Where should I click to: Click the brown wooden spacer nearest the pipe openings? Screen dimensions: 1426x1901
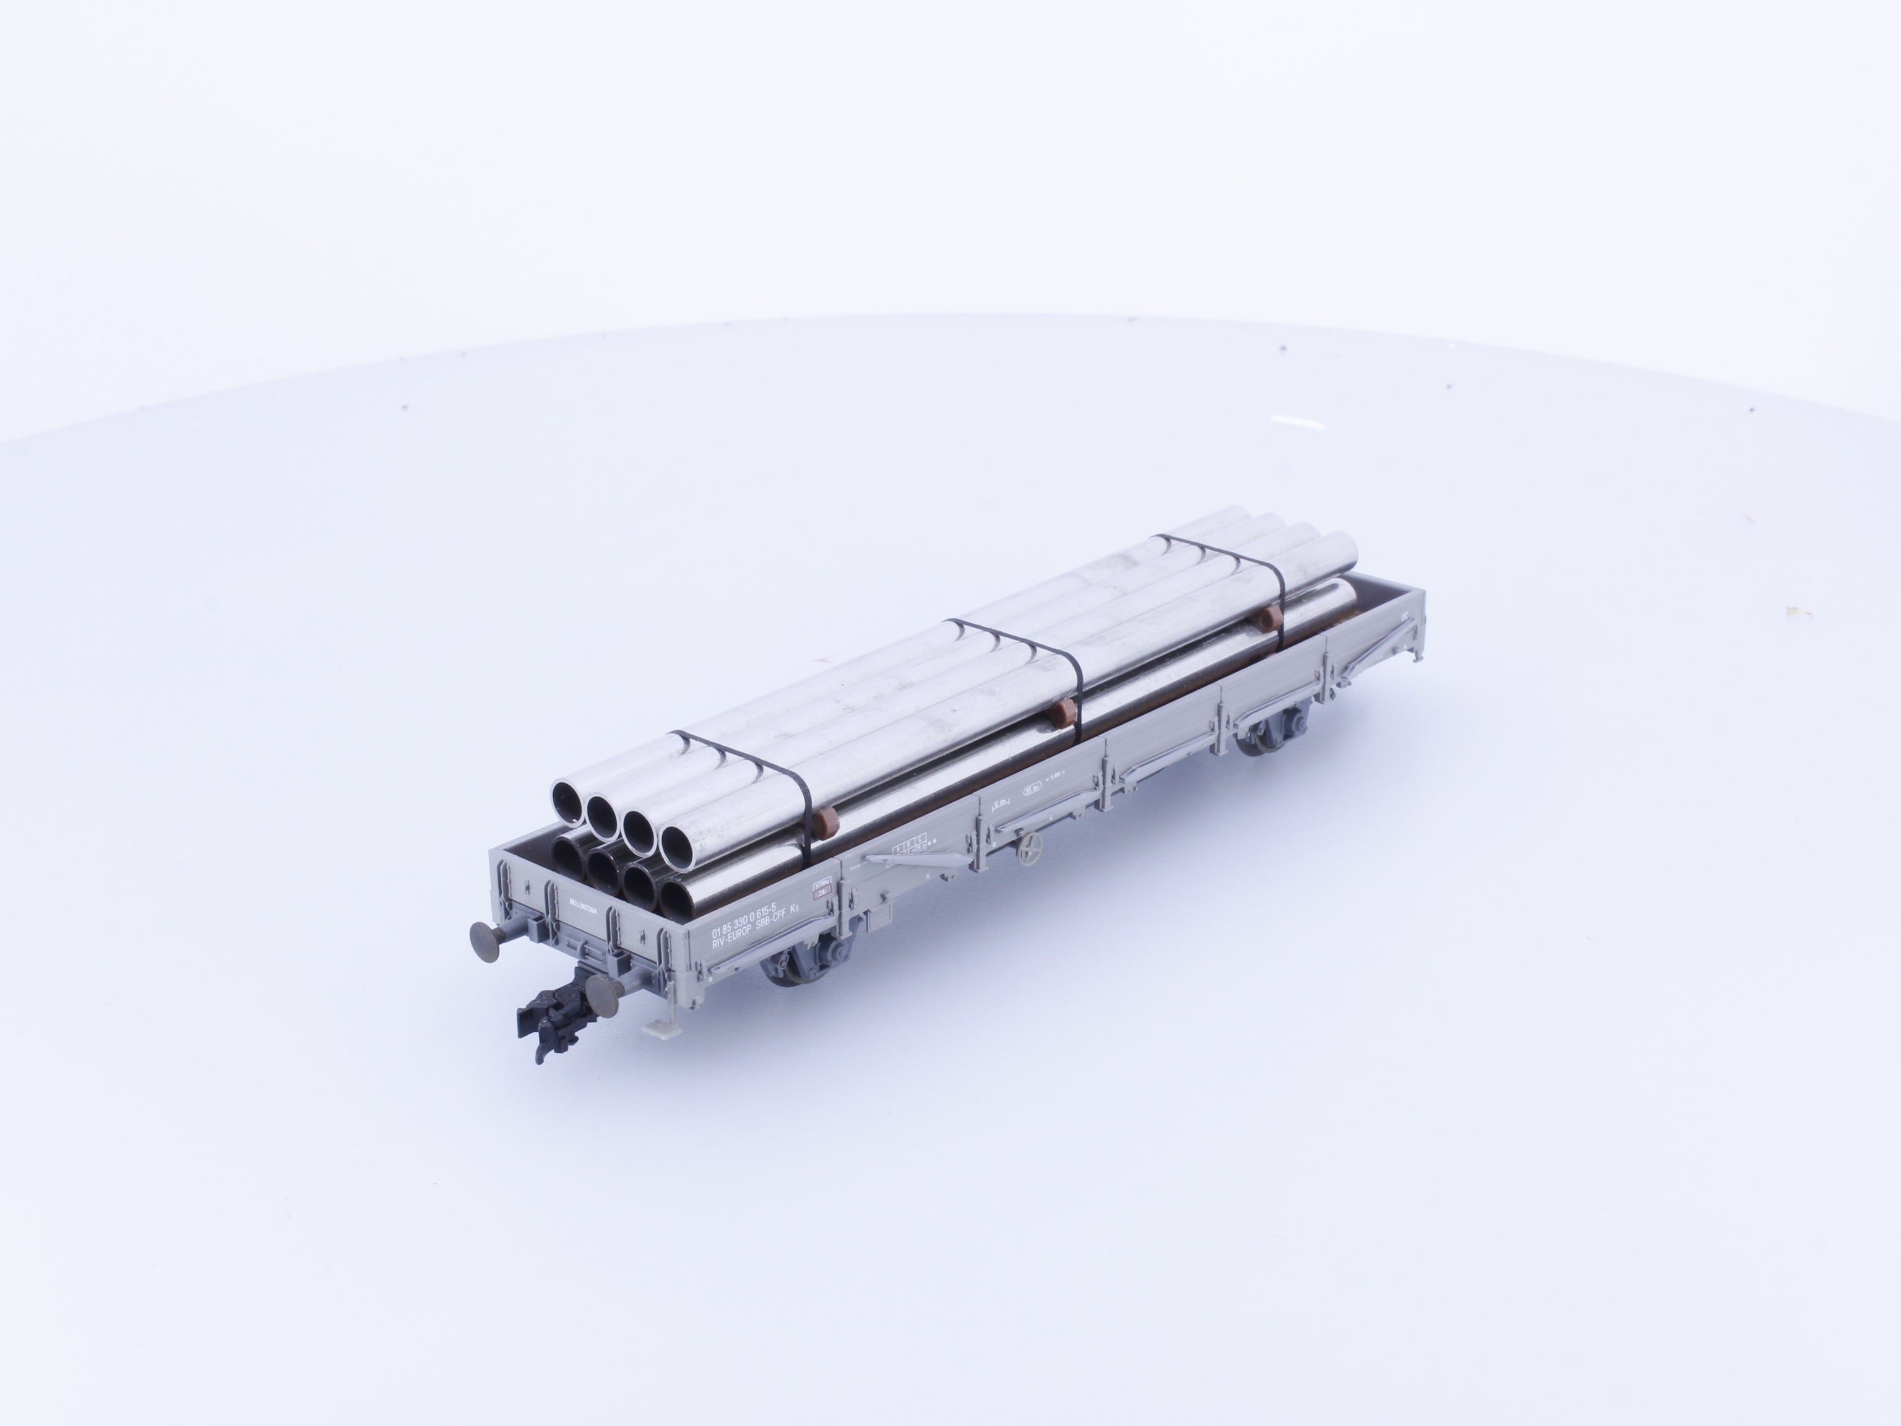click(827, 821)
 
